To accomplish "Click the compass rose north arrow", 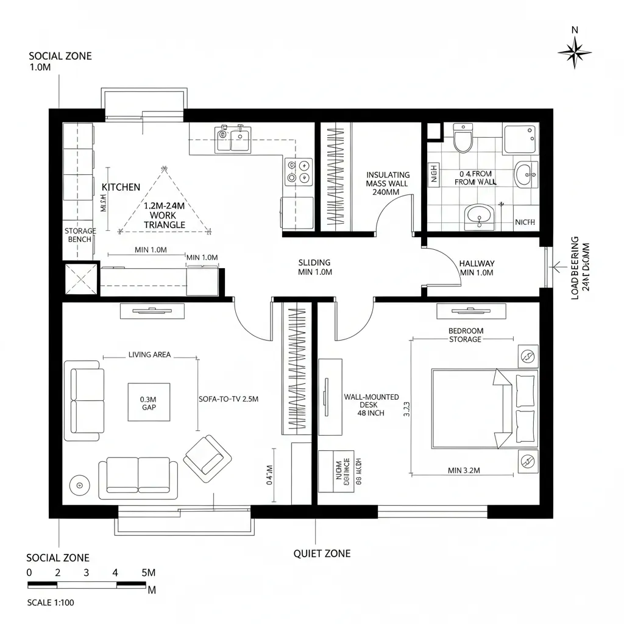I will (574, 52).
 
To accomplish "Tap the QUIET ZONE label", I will (322, 553).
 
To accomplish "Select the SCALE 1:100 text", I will (51, 603).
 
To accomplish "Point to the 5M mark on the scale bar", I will (148, 573).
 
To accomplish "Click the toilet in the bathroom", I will (463, 138).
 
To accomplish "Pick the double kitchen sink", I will (232, 138).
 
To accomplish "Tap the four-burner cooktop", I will (299, 171).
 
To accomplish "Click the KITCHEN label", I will (121, 187).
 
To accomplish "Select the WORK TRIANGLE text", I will (164, 220).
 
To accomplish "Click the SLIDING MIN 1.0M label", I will (314, 268).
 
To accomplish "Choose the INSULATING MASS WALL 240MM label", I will (388, 183).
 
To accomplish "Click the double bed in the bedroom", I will (484, 408).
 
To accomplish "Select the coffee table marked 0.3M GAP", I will (149, 402).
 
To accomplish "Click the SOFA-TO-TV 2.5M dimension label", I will (229, 399).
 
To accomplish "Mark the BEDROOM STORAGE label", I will (466, 335).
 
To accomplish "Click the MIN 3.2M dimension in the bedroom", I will (464, 470).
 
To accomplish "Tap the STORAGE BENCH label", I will (80, 235).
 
